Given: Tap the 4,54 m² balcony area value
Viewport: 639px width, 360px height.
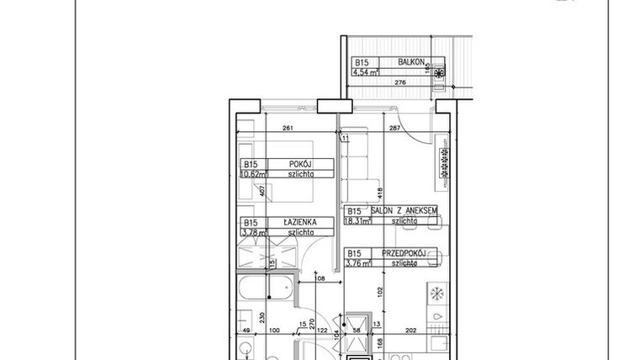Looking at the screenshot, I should pyautogui.click(x=365, y=72).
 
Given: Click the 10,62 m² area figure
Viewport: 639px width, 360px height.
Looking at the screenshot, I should pyautogui.click(x=252, y=175).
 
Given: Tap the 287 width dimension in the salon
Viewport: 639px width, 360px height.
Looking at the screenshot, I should pyautogui.click(x=393, y=129).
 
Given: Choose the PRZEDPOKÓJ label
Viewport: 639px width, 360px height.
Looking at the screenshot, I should pyautogui.click(x=406, y=253).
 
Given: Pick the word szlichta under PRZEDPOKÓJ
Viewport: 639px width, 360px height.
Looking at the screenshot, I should pyautogui.click(x=403, y=263).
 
